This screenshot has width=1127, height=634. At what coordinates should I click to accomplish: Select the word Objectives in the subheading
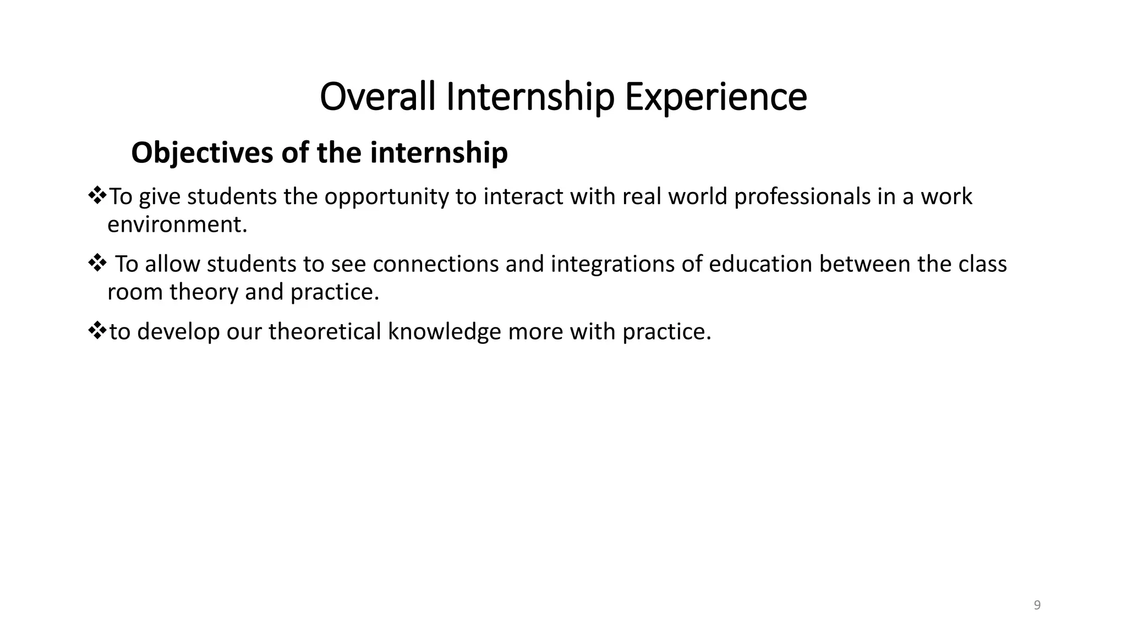201,153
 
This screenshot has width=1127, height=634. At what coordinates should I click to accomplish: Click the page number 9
1037,605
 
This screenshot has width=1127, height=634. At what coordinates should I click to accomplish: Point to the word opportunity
386,197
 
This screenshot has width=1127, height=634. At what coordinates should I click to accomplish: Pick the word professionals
802,197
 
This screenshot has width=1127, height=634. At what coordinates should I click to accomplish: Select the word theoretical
325,331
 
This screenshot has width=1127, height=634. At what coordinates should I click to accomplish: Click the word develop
178,331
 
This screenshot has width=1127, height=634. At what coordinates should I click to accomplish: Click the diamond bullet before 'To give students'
97,196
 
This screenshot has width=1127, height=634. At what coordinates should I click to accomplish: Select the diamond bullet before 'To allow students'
97,263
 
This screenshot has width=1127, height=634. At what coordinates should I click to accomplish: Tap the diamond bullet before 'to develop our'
97,330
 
